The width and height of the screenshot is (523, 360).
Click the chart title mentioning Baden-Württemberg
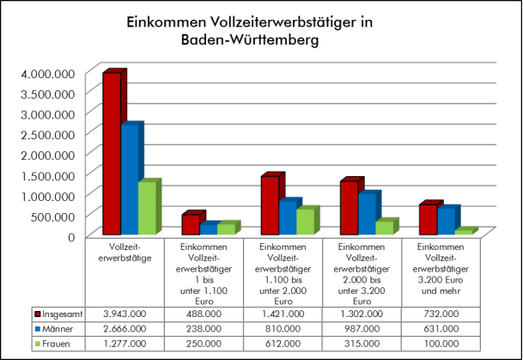coord(261,31)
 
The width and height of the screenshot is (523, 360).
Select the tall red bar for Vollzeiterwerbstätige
coord(112,155)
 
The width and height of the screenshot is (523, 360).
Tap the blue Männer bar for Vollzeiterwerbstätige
coord(130,180)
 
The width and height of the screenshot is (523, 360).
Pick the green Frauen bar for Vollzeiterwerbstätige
coord(147,209)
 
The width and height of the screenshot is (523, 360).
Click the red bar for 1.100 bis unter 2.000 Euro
coord(270,205)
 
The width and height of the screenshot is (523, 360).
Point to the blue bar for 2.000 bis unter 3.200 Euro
coord(367,214)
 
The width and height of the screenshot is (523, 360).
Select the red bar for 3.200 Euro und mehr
coord(427,220)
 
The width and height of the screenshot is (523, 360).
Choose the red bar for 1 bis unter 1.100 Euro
coord(191,224)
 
